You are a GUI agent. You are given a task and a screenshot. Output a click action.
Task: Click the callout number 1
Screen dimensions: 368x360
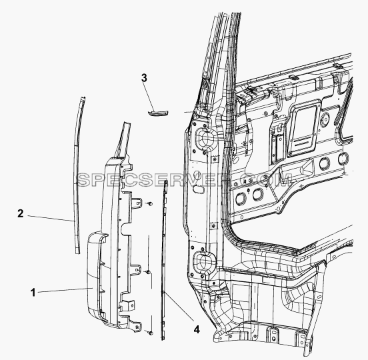[33, 293]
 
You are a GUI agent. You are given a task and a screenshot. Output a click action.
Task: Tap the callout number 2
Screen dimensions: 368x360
[21, 213]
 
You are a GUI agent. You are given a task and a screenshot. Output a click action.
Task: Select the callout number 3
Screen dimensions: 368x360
[144, 78]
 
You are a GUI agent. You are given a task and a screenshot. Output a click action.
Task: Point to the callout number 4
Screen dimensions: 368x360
[197, 330]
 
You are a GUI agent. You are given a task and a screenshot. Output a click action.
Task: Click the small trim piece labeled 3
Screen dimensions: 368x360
[158, 113]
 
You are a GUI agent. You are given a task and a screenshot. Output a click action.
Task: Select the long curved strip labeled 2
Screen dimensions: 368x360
[78, 175]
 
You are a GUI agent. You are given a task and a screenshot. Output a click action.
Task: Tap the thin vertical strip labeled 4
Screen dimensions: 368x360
[164, 259]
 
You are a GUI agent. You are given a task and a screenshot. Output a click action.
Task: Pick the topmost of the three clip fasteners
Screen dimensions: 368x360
[150, 203]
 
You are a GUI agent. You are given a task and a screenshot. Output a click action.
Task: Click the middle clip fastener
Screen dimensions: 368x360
[148, 272]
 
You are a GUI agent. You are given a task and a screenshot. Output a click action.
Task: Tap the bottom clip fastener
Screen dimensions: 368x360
[151, 333]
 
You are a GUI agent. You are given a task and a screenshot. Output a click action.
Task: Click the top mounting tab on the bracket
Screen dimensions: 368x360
[137, 203]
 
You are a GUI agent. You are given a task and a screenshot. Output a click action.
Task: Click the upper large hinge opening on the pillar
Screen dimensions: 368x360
[205, 139]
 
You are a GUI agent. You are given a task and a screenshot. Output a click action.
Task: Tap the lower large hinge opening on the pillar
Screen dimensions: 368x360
[204, 261]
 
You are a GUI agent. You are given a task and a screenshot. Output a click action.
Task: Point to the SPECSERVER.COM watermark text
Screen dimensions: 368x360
[185, 180]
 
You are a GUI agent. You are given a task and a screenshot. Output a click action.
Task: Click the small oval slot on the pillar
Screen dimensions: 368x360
[197, 189]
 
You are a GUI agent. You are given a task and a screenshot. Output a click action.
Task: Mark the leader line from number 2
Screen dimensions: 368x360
[51, 218]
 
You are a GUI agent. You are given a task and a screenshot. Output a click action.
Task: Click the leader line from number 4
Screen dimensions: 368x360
[179, 306]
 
